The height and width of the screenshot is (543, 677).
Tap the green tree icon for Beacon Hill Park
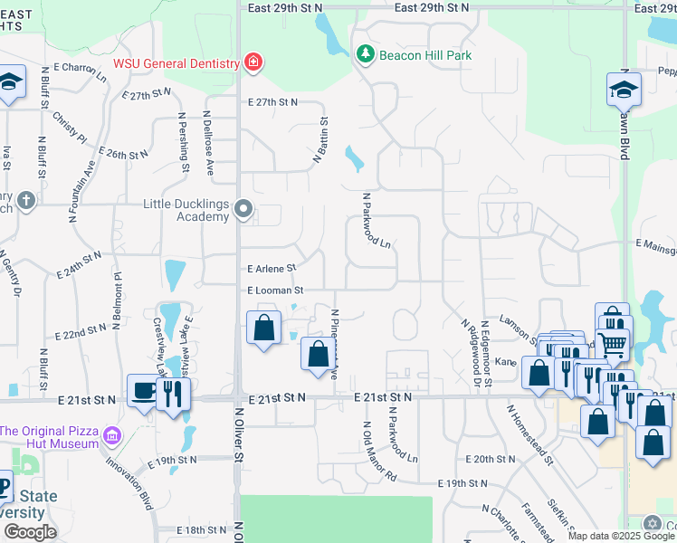(x=366, y=54)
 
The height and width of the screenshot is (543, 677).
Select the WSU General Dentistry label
(x=176, y=63)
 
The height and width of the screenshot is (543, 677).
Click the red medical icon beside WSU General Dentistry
(x=254, y=63)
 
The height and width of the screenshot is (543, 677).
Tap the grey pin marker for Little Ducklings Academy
(x=243, y=210)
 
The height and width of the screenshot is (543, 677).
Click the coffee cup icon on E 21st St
(x=142, y=390)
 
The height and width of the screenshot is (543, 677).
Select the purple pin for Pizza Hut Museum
(x=111, y=436)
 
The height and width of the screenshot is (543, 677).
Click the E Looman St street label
(x=274, y=291)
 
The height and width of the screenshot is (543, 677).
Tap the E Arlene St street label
(x=272, y=268)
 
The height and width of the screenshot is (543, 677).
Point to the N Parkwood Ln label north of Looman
(x=377, y=220)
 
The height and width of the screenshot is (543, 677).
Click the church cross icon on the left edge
(x=25, y=200)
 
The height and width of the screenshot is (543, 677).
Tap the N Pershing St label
(x=184, y=141)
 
